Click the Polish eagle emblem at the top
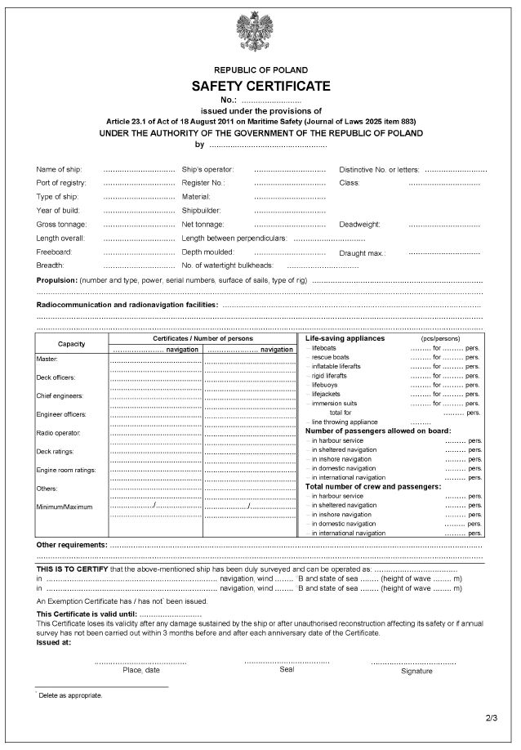coord(260,35)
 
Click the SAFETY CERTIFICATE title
coord(260,86)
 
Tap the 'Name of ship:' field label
coord(60,169)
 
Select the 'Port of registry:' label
coord(61,183)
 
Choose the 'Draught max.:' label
coord(363,253)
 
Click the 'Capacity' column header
coord(72,343)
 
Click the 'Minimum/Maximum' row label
coord(65,507)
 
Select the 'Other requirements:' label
coord(72,544)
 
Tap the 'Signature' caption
coord(416,671)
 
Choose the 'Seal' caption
coord(286,669)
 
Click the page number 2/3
coord(490,719)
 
